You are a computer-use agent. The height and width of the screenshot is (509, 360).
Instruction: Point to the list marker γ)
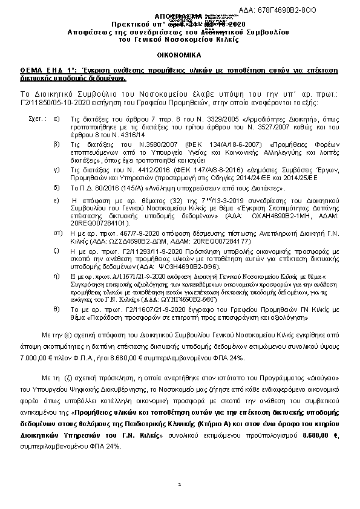pyautogui.click(x=56, y=171)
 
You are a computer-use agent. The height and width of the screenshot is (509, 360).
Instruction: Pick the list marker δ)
pyautogui.click(x=56, y=188)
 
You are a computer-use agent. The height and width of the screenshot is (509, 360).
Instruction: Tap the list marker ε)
pyautogui.click(x=56, y=199)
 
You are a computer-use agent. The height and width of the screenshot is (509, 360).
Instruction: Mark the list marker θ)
pyautogui.click(x=56, y=308)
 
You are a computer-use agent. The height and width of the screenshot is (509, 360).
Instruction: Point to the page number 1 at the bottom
pyautogui.click(x=180, y=484)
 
